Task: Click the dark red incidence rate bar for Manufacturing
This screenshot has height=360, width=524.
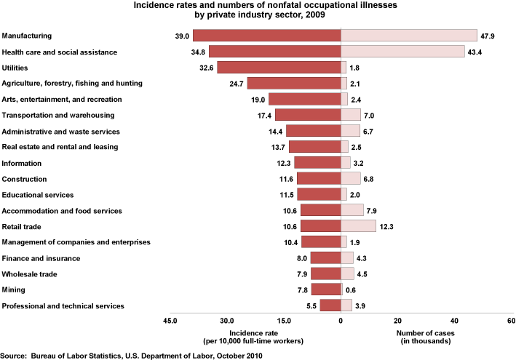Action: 266,36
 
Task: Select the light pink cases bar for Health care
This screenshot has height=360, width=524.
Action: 402,52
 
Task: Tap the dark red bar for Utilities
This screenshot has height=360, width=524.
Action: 279,68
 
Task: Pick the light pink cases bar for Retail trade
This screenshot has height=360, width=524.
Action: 358,227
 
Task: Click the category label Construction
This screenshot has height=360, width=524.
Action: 25,179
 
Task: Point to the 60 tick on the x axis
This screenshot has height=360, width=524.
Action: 511,321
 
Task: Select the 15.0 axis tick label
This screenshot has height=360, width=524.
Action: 284,321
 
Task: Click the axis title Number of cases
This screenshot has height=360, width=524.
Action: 426,333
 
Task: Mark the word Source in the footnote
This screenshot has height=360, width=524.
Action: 15,355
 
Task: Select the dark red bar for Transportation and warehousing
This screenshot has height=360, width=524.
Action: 308,115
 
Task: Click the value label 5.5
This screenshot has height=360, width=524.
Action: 310,306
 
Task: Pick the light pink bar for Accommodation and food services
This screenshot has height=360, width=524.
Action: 352,211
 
